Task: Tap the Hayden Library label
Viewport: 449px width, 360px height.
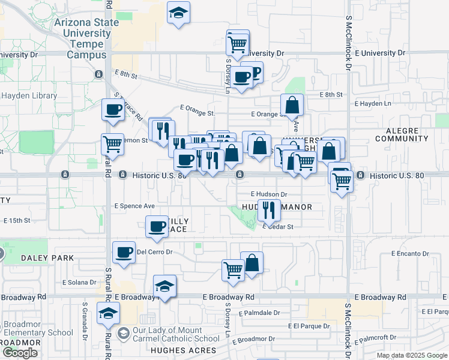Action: pos(29,95)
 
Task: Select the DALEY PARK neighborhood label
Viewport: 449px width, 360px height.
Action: pos(40,258)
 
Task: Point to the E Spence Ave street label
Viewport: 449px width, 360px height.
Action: pos(134,206)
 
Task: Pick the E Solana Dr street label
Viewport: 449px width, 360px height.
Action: pos(79,282)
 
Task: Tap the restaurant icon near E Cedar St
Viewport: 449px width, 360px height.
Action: pos(269,210)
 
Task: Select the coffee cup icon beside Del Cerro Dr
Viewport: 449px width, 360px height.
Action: pos(124,252)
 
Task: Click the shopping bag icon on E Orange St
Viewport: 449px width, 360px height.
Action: pos(292,105)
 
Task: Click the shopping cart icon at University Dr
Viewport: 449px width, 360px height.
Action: pos(238,43)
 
